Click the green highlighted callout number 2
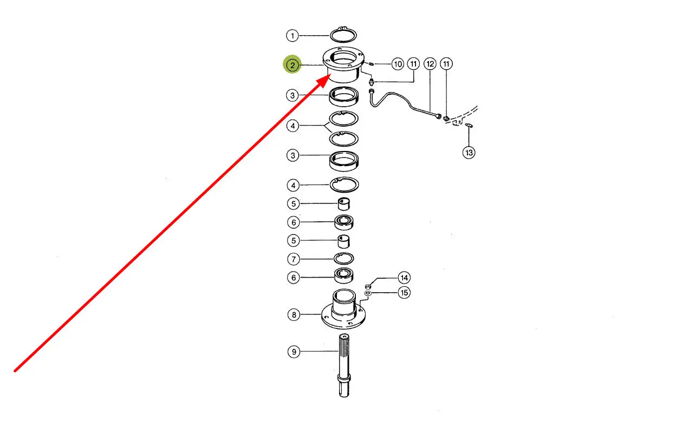point(292,65)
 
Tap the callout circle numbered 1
point(292,36)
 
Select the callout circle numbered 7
point(293,259)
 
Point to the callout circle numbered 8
point(293,314)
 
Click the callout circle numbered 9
point(293,352)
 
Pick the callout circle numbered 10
point(398,64)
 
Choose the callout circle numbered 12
point(430,64)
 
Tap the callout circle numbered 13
point(469,153)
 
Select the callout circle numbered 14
point(404,278)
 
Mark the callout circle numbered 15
point(404,293)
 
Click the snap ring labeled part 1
point(343,36)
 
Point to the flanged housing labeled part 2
point(343,65)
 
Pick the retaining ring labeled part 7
point(344,259)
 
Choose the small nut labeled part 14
point(368,285)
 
